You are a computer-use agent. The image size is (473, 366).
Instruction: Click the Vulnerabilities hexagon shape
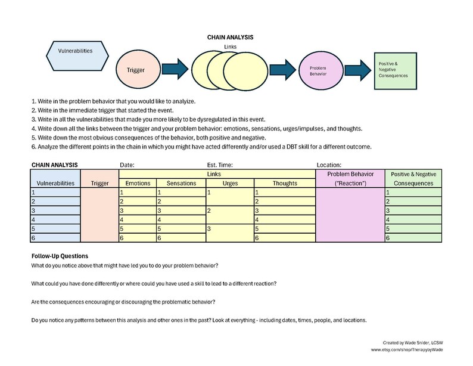pos(74,51)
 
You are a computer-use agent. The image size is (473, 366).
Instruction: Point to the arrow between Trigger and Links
pos(174,69)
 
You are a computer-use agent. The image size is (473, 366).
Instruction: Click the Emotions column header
pos(137,183)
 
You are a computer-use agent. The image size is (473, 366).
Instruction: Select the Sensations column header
pos(181,183)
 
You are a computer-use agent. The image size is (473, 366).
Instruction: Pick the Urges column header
pos(229,183)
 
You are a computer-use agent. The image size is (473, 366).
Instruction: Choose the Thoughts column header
pos(284,183)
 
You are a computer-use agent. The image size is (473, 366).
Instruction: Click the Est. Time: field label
pos(215,165)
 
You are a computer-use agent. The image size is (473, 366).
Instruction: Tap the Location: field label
pos(329,165)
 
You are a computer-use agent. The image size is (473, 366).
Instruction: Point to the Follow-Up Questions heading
pos(60,256)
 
